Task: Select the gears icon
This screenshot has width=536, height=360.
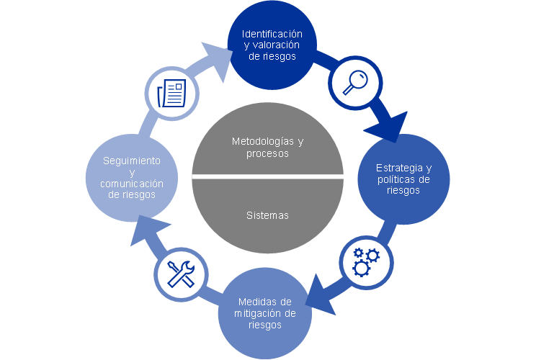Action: tap(365, 261)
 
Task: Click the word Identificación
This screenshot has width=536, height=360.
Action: tap(272, 34)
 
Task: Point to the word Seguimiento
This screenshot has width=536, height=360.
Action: tap(131, 160)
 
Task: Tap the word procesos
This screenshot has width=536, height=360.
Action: tap(267, 153)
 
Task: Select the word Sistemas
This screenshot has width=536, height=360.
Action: tap(267, 215)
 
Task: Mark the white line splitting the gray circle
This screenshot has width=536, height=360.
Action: tap(267, 176)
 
